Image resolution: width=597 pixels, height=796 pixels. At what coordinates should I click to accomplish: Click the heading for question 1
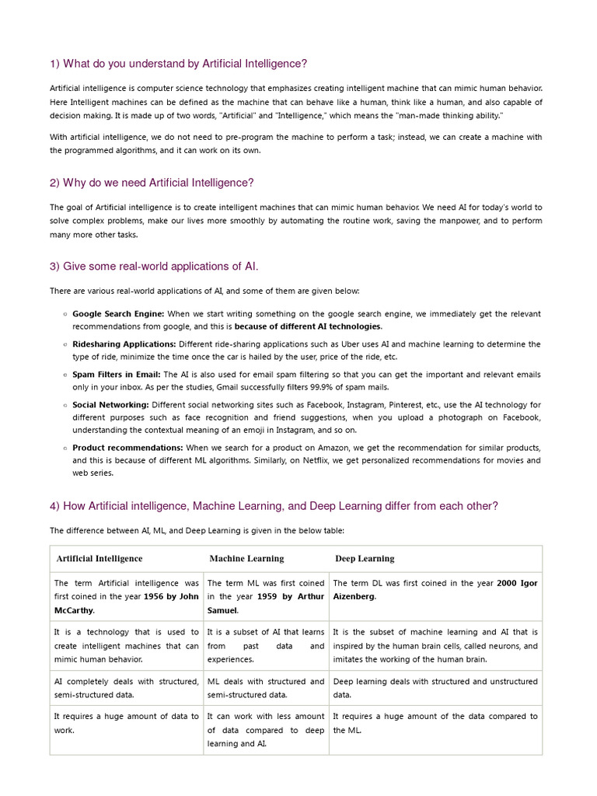click(x=178, y=64)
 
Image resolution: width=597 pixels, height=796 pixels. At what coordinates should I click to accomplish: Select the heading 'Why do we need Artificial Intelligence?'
click(x=152, y=183)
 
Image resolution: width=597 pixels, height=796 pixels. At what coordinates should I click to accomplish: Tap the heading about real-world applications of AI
click(x=154, y=267)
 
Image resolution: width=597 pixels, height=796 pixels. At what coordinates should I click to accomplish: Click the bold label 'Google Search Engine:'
click(x=118, y=313)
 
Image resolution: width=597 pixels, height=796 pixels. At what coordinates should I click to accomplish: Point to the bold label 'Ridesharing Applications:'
click(x=124, y=344)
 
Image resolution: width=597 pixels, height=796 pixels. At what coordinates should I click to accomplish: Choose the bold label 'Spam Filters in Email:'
click(x=117, y=374)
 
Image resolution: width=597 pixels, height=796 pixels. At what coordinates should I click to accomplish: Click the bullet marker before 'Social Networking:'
click(x=62, y=405)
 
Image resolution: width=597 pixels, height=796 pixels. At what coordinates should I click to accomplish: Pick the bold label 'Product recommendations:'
click(x=127, y=448)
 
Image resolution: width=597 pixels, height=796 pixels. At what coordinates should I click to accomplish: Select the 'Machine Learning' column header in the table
click(x=246, y=558)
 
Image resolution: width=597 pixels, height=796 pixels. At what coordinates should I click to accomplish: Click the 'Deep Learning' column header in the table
click(x=365, y=558)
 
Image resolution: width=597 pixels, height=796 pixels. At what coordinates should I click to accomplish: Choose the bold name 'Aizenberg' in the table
click(x=354, y=596)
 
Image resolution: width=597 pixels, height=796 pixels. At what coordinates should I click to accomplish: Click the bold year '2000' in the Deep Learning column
click(x=507, y=583)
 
